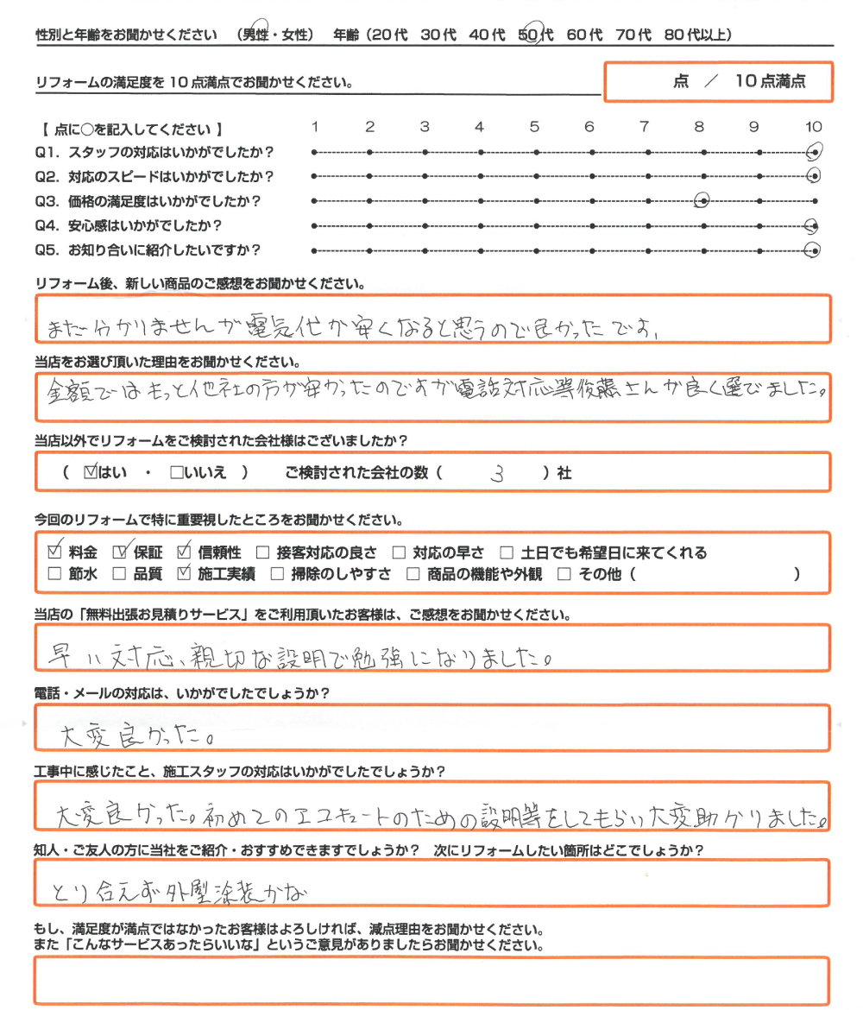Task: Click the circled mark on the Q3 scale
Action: (x=702, y=201)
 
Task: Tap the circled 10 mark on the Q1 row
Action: (x=812, y=153)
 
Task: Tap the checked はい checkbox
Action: (x=93, y=473)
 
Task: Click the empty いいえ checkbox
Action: (x=178, y=473)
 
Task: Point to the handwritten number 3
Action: (x=494, y=473)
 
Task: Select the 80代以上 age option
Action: (x=699, y=35)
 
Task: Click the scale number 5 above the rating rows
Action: (x=534, y=128)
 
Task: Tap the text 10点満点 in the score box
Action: (x=771, y=82)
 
